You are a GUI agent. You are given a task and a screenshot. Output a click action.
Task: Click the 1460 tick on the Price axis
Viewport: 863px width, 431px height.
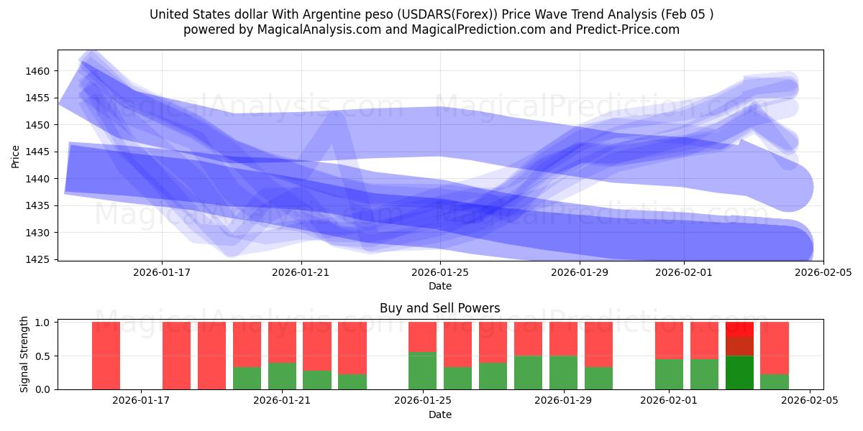[x=40, y=71]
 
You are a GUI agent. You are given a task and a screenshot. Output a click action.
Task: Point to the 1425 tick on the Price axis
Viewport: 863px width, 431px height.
[x=40, y=259]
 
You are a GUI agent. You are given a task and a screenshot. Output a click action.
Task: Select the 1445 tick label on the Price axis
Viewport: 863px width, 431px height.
[x=40, y=152]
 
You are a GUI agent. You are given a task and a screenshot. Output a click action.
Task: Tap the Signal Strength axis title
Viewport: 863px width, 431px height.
[x=24, y=354]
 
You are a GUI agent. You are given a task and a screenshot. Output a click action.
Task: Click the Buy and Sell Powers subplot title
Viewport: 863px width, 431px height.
[x=439, y=308]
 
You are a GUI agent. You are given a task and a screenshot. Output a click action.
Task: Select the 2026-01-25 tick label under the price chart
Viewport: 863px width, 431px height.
[x=440, y=272]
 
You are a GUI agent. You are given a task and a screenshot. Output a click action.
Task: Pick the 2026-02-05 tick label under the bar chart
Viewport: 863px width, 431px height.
[x=810, y=401]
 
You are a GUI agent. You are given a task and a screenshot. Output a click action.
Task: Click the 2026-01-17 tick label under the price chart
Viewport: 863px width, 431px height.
[x=161, y=272]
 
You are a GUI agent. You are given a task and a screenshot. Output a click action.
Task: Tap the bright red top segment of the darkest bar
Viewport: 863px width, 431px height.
[x=739, y=329]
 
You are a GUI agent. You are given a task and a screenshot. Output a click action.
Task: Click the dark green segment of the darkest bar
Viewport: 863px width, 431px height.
[x=739, y=372]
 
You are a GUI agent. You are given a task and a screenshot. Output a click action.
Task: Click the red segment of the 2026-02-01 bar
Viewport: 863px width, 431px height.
[x=669, y=340]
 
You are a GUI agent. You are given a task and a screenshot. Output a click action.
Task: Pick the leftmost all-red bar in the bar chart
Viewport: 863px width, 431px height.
[x=106, y=356]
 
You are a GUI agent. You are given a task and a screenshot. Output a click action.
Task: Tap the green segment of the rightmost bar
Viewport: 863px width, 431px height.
[x=775, y=381]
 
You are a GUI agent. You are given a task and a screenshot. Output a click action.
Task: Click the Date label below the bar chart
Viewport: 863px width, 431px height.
[x=439, y=414]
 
